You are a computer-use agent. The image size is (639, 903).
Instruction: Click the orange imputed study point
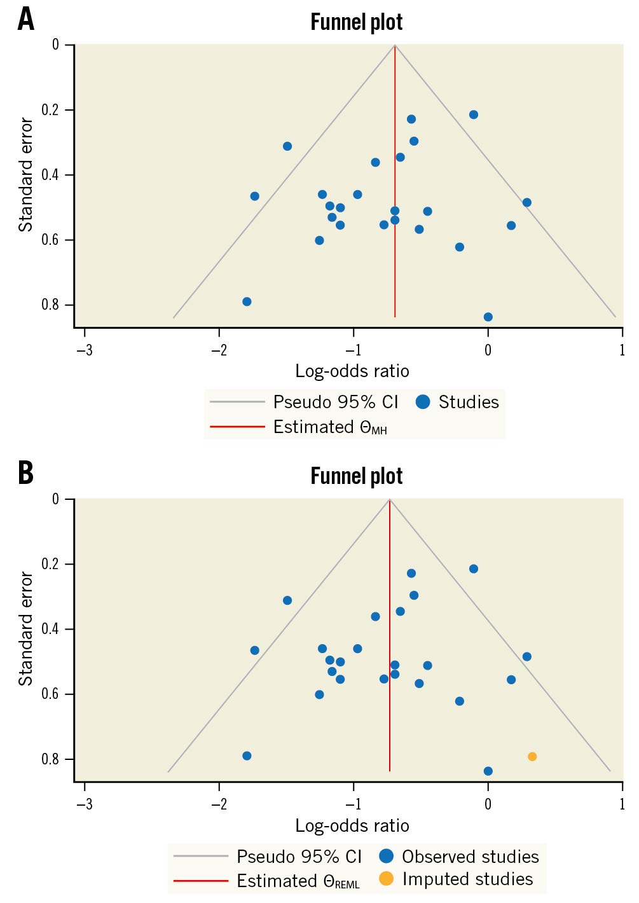(532, 757)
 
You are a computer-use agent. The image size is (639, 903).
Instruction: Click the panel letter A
(25, 20)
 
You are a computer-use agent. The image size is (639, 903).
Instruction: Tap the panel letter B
(25, 474)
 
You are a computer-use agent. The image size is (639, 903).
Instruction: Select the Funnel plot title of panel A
(356, 22)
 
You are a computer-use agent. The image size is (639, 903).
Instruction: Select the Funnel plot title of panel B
(356, 476)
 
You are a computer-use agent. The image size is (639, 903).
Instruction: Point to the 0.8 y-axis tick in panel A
(50, 305)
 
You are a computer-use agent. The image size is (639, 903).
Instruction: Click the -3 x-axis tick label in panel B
(84, 804)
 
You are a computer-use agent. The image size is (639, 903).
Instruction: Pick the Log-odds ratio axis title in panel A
(352, 371)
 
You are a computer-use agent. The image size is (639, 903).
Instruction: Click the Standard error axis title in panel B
(25, 628)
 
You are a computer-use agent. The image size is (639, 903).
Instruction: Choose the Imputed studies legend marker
(386, 879)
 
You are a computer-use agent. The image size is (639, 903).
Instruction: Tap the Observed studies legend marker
(386, 856)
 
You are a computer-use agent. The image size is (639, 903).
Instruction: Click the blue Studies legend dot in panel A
(423, 402)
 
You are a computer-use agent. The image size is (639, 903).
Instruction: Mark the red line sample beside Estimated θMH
(237, 427)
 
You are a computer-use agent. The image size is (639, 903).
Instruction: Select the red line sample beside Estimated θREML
(200, 881)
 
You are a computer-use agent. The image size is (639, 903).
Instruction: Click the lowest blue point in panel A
(488, 317)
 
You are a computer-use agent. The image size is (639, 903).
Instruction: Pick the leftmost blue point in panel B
(247, 756)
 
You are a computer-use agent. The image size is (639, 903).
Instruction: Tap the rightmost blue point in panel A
(526, 203)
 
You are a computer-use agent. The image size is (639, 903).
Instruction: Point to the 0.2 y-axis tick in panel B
(50, 564)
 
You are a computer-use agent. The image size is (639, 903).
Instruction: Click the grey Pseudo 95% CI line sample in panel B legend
(200, 857)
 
